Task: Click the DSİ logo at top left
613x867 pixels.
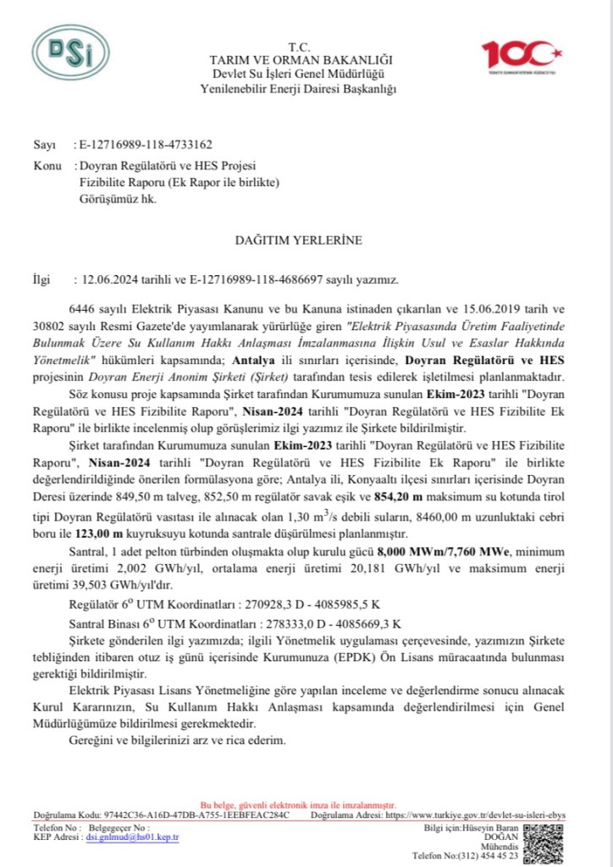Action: [70, 53]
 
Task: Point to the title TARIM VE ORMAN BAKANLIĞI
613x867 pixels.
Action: [302, 60]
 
